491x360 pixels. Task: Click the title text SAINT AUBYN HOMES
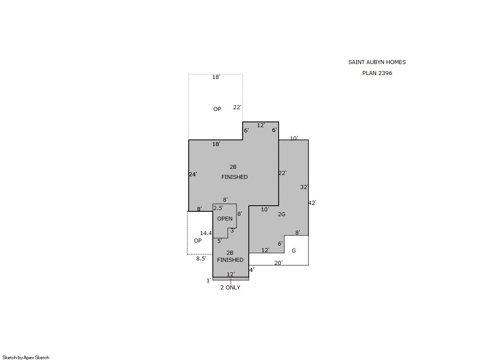click(377, 62)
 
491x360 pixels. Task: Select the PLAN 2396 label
click(377, 73)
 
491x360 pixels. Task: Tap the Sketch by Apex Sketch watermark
click(26, 357)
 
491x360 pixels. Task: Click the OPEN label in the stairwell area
click(225, 218)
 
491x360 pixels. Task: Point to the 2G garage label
click(282, 214)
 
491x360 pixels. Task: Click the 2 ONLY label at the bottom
click(230, 287)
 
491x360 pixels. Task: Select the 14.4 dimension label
click(206, 233)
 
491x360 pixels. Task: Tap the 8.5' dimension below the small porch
click(201, 259)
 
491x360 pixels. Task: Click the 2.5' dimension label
click(218, 208)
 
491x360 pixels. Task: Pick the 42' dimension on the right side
click(312, 203)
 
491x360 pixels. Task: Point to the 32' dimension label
click(304, 187)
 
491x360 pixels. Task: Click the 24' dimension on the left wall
click(193, 175)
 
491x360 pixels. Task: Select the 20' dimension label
click(278, 263)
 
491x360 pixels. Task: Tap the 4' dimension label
click(252, 270)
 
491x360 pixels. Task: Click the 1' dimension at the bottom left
click(208, 281)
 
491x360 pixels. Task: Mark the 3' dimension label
click(233, 231)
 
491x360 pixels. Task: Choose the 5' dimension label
click(220, 241)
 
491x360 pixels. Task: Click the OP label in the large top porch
click(217, 109)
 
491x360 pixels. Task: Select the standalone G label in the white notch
click(294, 250)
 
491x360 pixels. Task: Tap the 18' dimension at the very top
click(216, 77)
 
